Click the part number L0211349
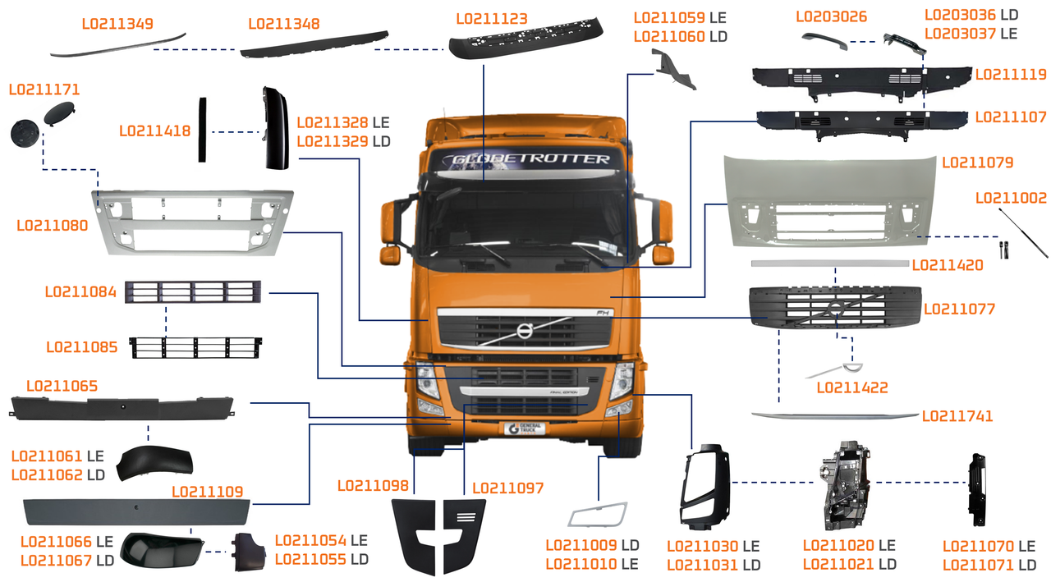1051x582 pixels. [117, 23]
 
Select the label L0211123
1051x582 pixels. [492, 18]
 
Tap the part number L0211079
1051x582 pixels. [977, 162]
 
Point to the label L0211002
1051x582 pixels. [1011, 198]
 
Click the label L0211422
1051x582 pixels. [852, 387]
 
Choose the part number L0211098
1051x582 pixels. [373, 486]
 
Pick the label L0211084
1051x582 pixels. [80, 291]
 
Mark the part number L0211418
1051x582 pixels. [154, 131]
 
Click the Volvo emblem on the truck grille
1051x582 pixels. [523, 330]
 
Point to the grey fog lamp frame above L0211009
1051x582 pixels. [598, 515]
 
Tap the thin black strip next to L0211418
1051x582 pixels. [200, 129]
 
